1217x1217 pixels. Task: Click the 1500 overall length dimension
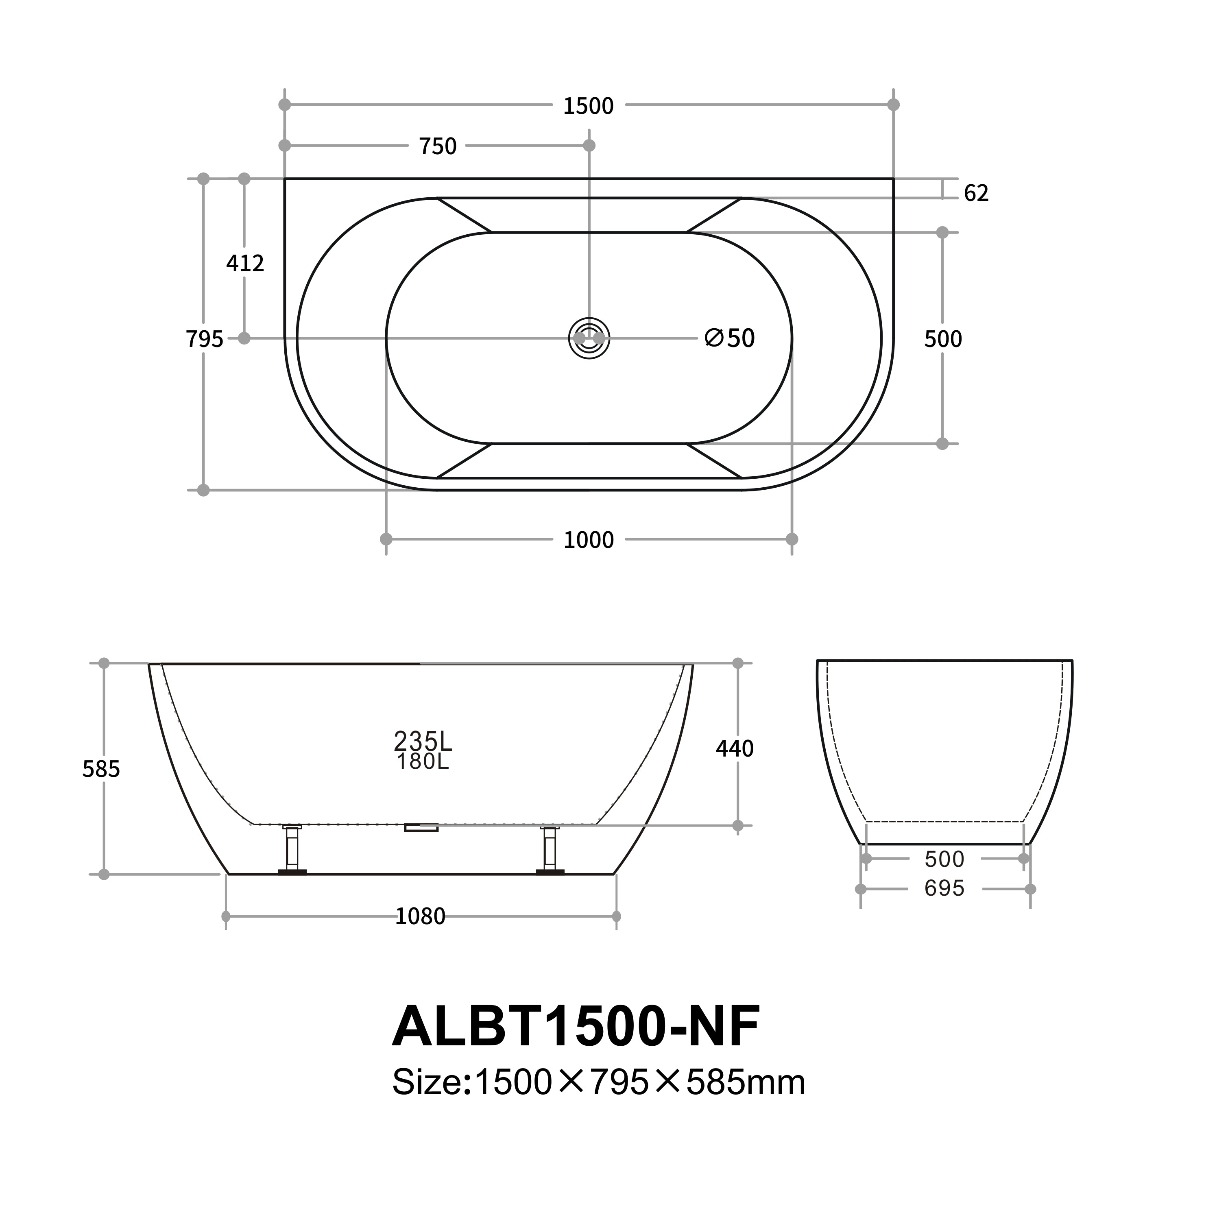pyautogui.click(x=588, y=106)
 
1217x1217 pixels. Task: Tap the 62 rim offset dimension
pyautogui.click(x=976, y=193)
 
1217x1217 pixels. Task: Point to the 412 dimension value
pyautogui.click(x=245, y=263)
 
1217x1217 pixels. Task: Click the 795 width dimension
pyautogui.click(x=204, y=340)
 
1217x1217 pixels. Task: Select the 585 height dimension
pyautogui.click(x=101, y=769)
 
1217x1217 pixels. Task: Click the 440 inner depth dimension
pyautogui.click(x=735, y=748)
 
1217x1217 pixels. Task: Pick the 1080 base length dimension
pyautogui.click(x=420, y=916)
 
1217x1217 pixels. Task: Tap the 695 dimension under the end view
pyautogui.click(x=944, y=889)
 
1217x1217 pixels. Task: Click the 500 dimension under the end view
pyautogui.click(x=944, y=859)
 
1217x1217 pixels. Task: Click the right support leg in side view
pyautogui.click(x=550, y=850)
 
